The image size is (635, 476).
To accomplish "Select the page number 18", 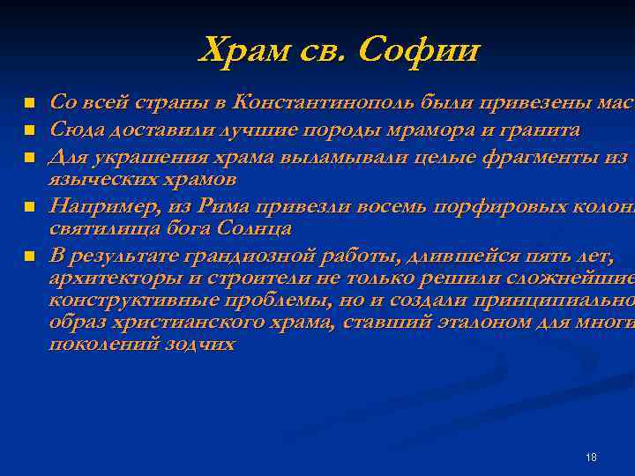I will click(x=591, y=457).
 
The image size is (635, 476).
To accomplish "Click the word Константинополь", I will click(x=323, y=104).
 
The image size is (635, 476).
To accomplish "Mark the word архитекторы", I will click(x=107, y=279).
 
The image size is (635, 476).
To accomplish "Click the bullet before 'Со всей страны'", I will click(x=30, y=104).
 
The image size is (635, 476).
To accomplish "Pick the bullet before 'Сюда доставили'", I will click(x=30, y=130).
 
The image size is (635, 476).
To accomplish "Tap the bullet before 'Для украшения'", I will click(x=30, y=157).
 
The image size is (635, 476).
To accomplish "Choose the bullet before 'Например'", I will click(x=30, y=207).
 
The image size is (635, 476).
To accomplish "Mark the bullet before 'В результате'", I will click(x=30, y=257).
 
